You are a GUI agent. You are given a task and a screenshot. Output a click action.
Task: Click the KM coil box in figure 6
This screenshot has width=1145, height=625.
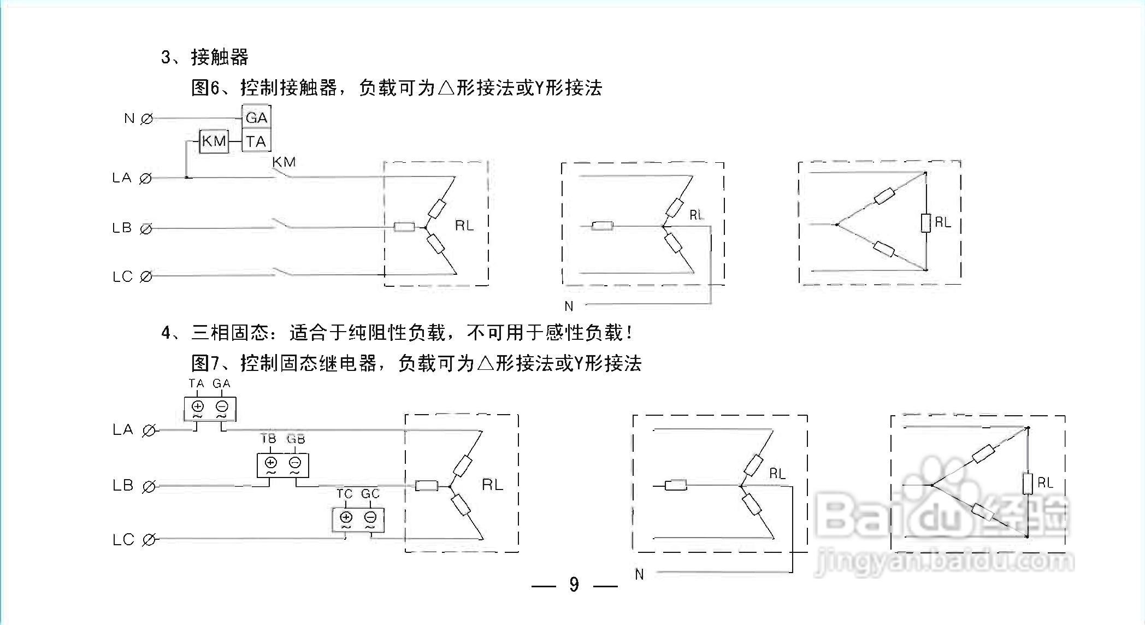(214, 141)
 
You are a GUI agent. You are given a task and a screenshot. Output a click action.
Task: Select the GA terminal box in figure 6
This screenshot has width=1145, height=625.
(256, 117)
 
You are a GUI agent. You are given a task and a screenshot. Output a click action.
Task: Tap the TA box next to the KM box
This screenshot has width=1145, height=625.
(256, 141)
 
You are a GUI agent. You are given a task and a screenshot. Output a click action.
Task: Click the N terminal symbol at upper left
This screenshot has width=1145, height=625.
(146, 119)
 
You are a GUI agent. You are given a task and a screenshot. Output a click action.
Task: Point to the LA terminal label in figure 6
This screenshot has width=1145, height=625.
(122, 178)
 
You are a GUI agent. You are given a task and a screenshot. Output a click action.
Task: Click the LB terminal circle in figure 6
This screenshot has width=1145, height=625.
(146, 229)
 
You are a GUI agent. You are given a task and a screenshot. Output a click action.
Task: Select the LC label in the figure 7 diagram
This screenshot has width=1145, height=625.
(123, 540)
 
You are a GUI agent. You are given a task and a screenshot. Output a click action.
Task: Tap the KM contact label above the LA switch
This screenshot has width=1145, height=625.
(284, 162)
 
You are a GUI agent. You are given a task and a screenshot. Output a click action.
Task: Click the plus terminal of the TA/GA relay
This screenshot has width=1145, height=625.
(198, 406)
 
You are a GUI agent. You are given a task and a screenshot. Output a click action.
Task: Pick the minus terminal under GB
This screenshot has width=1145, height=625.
(295, 463)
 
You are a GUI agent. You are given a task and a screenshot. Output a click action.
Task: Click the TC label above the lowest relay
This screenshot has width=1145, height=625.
(344, 494)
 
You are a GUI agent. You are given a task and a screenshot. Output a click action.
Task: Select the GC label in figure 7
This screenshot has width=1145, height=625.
(370, 494)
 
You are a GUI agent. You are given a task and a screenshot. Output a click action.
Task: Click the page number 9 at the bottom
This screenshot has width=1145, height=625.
(574, 585)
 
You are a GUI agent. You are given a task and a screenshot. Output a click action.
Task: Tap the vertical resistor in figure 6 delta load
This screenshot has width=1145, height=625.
(925, 223)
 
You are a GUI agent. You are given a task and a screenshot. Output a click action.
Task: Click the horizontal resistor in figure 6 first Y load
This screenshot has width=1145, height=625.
(405, 227)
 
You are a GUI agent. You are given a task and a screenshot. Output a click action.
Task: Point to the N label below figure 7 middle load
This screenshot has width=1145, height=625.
(639, 574)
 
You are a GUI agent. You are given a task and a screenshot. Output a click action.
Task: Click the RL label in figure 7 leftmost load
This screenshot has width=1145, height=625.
(492, 485)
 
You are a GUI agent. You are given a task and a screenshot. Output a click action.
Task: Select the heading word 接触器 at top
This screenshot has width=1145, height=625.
(220, 57)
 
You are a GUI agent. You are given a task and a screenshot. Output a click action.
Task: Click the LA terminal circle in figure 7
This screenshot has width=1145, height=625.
(148, 431)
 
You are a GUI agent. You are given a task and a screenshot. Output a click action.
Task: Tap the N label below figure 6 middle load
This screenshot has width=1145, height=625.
(569, 306)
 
